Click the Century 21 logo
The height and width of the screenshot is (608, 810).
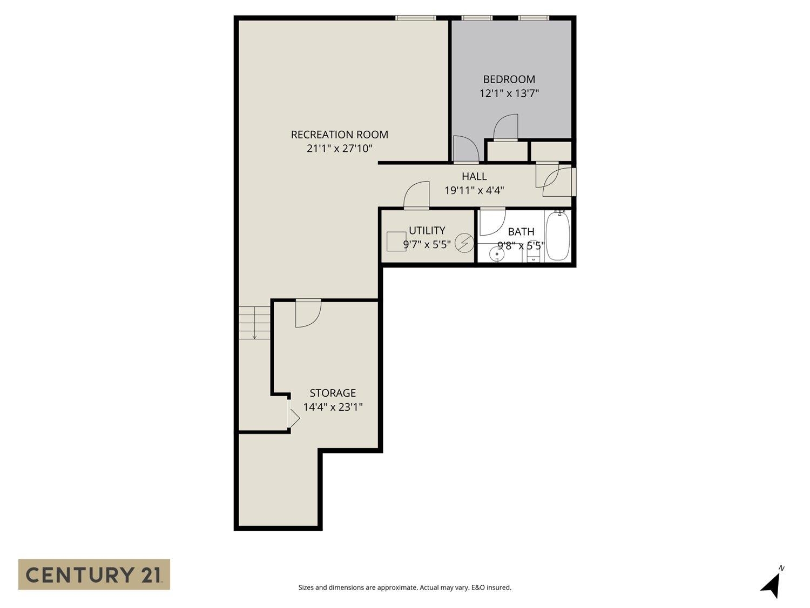point(94,574)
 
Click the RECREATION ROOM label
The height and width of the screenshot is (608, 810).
point(339,135)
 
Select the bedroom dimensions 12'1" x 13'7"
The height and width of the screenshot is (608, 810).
point(509,93)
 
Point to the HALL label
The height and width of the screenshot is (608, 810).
point(474,176)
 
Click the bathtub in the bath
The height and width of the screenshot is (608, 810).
point(557,236)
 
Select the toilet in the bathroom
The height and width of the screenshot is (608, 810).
point(534,255)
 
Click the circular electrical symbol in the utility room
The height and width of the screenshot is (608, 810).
point(464,244)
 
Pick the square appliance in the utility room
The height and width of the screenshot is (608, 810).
point(396,241)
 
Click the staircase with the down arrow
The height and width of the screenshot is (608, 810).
point(254,323)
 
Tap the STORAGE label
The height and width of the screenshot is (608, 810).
point(333,393)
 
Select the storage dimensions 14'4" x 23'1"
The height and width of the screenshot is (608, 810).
point(333,407)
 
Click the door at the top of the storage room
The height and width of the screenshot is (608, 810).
point(308,313)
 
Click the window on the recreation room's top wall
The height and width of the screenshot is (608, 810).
point(415,18)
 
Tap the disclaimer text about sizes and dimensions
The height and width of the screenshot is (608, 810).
point(404,587)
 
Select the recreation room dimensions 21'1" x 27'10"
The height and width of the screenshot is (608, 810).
point(339,149)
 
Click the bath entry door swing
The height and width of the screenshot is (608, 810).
point(491,222)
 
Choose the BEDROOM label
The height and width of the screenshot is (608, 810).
point(509,79)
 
